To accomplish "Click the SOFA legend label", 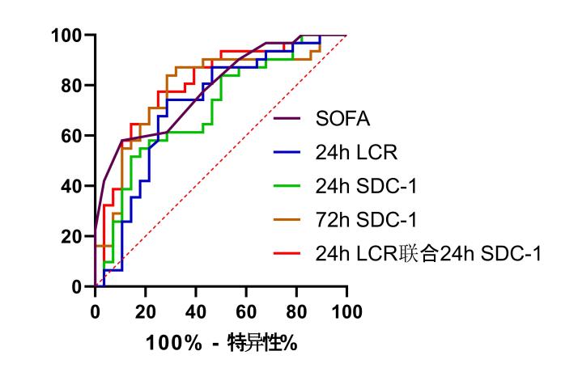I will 343,120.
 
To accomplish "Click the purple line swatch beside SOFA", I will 290,120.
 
